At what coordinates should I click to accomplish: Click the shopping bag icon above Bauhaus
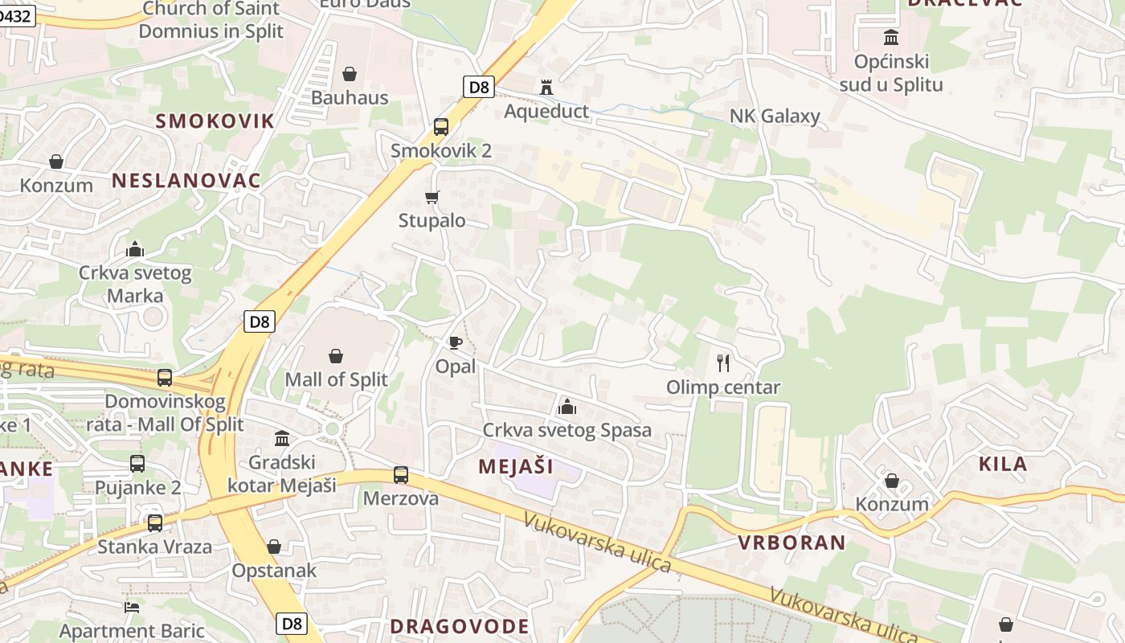click(350, 74)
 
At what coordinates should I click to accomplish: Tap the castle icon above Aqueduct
click(546, 87)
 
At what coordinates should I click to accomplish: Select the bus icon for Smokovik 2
click(440, 126)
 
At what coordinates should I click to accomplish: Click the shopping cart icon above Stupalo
click(432, 197)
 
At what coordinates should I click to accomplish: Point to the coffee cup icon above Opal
click(456, 343)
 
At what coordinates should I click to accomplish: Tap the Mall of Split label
click(336, 379)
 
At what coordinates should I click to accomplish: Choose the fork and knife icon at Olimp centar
click(723, 363)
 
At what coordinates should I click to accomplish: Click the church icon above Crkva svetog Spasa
click(567, 407)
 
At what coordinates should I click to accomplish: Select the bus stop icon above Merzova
click(401, 475)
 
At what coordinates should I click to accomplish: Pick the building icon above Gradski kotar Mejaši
click(282, 439)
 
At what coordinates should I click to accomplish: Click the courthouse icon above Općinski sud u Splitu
click(891, 38)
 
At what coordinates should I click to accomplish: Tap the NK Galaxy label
click(775, 116)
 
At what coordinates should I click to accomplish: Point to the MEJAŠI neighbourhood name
click(516, 466)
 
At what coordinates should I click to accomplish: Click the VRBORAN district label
click(792, 543)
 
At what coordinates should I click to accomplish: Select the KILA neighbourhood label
click(1003, 464)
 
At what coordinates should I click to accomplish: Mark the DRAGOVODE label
click(460, 626)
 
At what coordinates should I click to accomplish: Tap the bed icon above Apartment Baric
click(132, 607)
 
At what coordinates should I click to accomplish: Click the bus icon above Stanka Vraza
click(154, 522)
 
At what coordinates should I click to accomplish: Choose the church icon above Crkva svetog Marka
click(135, 249)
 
